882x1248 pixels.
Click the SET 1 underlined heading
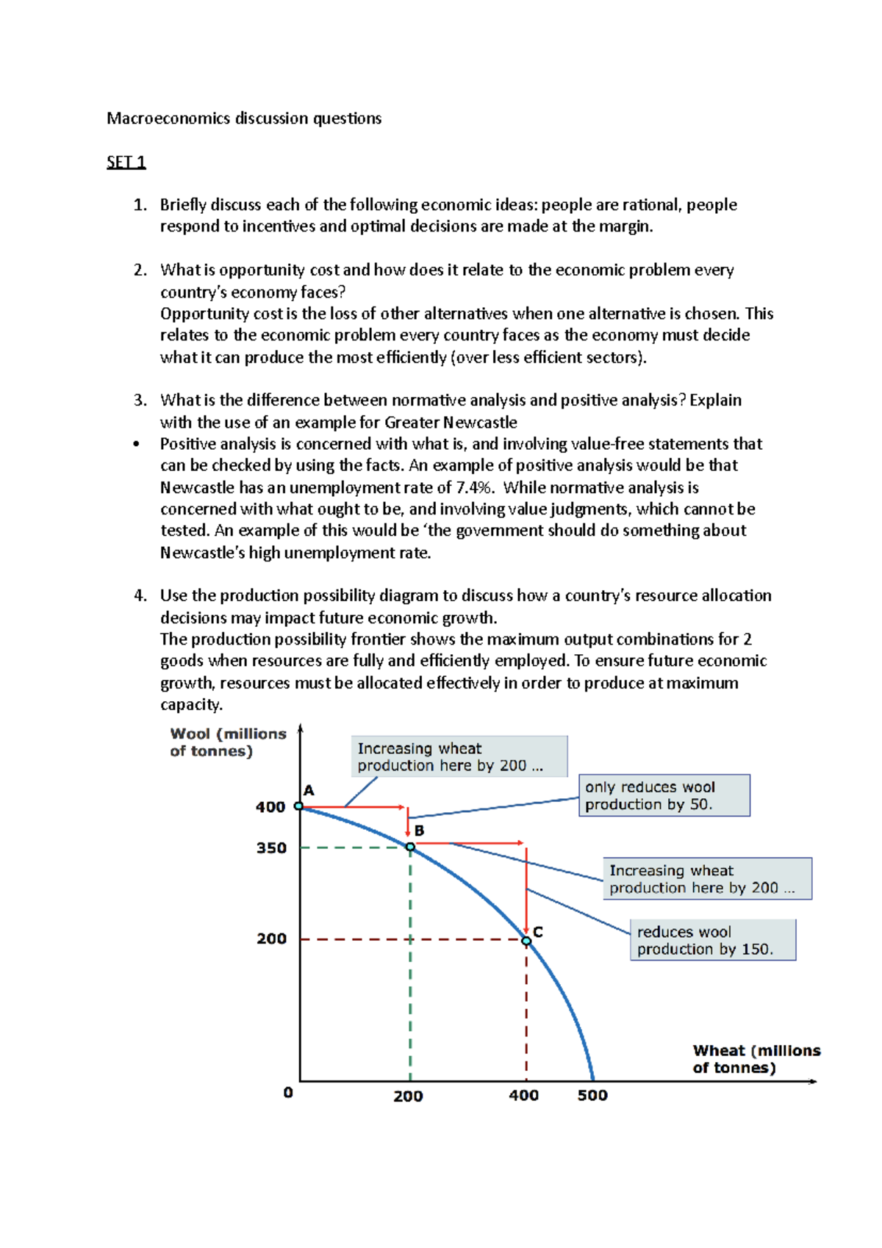point(126,162)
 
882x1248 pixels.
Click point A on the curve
point(299,806)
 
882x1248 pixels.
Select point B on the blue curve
point(410,847)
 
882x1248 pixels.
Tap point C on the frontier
point(526,941)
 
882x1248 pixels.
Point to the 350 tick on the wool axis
point(271,847)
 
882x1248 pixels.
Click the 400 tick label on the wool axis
point(270,807)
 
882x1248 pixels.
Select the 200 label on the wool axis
point(271,939)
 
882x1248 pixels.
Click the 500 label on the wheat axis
point(592,1095)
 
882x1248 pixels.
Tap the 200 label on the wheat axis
point(408,1096)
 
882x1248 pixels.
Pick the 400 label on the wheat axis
point(523,1095)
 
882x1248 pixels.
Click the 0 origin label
point(288,1092)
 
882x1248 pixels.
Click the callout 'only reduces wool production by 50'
point(664,795)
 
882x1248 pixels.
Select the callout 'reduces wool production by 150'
point(712,940)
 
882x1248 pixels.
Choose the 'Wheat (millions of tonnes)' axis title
point(755,1058)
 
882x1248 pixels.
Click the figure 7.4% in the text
point(475,487)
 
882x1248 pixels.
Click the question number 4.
point(140,595)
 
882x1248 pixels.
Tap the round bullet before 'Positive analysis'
point(136,444)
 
